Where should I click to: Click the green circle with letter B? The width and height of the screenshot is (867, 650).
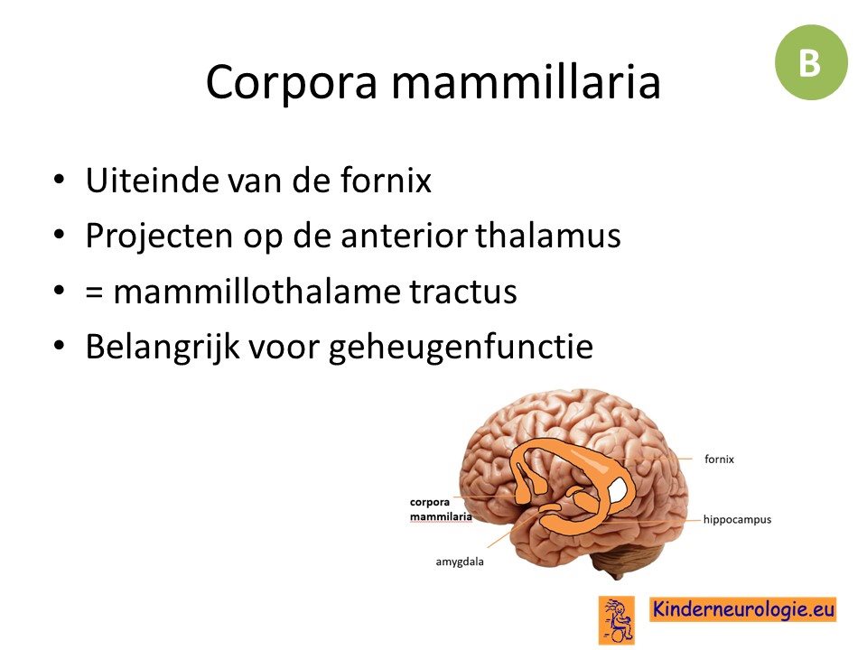[811, 62]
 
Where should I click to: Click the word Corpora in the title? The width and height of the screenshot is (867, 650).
[292, 82]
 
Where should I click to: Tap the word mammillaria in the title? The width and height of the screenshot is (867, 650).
[526, 81]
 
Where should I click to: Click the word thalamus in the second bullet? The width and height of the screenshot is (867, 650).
[548, 235]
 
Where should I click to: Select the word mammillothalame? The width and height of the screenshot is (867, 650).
[256, 291]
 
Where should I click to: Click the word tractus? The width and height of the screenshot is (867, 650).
[462, 292]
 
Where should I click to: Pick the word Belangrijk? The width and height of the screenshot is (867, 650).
[163, 348]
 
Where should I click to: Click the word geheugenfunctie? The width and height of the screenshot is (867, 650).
[461, 348]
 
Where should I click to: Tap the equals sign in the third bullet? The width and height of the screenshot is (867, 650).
[95, 292]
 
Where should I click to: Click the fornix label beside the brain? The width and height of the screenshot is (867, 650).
[720, 459]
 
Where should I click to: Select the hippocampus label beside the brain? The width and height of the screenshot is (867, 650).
[737, 520]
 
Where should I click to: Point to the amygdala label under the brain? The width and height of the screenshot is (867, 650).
[460, 562]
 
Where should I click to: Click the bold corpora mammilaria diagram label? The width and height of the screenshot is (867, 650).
[441, 509]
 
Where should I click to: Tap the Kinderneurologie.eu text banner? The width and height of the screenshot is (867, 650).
[742, 609]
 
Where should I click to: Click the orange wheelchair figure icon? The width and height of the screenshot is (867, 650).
[617, 619]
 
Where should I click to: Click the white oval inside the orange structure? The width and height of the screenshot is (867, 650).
[617, 490]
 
